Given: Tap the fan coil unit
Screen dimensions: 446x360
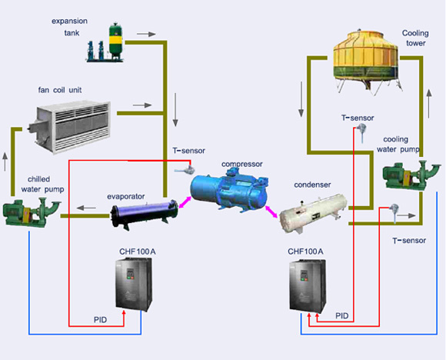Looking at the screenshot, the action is pos(69,127).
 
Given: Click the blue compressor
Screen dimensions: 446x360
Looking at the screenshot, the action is pos(230,189).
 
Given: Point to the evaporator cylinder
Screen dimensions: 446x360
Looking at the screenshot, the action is pos(145,214).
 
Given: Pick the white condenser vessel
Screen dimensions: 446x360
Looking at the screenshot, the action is pos(313,214).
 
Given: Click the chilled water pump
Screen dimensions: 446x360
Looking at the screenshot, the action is pos(32,213).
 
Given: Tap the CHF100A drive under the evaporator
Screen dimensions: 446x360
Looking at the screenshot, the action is pos(134,284).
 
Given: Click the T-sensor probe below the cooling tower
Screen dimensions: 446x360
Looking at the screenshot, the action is pos(362,133).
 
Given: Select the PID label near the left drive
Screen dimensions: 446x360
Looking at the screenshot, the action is pos(101,320).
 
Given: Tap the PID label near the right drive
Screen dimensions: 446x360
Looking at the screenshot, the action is pos(342,316).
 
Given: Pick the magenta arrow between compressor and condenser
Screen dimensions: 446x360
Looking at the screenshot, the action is pos(271,212).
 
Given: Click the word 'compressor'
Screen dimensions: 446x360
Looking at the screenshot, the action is pos(242,164).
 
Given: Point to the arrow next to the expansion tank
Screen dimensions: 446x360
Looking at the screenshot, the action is pos(146,34).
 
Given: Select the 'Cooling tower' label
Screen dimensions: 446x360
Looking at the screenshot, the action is pos(415,38).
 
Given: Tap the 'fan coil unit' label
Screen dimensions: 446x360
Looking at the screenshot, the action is pos(60,90).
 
